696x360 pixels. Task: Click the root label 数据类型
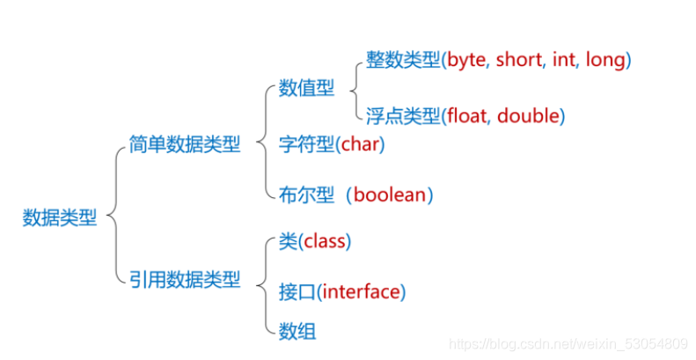tap(60, 217)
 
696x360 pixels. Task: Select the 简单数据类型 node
tap(183, 143)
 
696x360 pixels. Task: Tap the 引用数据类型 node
tap(183, 279)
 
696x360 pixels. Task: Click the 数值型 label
tap(306, 88)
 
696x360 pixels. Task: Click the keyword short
tap(519, 61)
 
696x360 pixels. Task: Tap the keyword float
tap(467, 115)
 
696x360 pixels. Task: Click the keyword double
tap(530, 115)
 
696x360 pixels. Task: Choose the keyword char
tap(360, 143)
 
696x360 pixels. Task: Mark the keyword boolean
tap(389, 195)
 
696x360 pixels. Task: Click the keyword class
tap(325, 241)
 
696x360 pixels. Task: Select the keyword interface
tap(362, 290)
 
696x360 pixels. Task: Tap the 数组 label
tap(297, 332)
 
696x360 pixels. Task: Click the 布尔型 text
tap(306, 195)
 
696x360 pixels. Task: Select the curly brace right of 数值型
tap(354, 88)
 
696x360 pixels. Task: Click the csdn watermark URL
tap(567, 342)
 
